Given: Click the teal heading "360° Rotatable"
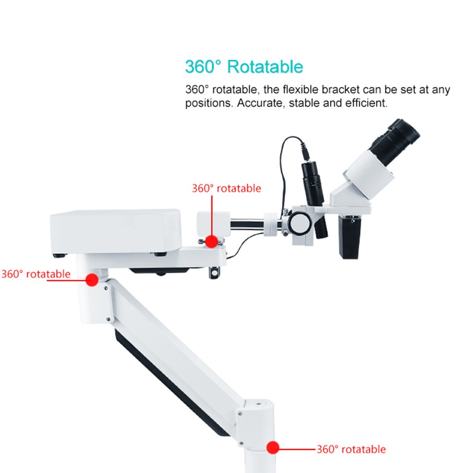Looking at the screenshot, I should tap(244, 67).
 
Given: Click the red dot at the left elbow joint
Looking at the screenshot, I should tap(92, 279).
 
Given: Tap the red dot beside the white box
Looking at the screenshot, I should tap(211, 241).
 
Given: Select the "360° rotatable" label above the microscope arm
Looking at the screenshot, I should tap(226, 188).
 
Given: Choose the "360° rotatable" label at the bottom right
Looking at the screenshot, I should tap(351, 449).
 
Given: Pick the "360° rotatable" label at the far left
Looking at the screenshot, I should tap(35, 274).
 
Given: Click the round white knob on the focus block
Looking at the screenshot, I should tap(299, 224).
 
